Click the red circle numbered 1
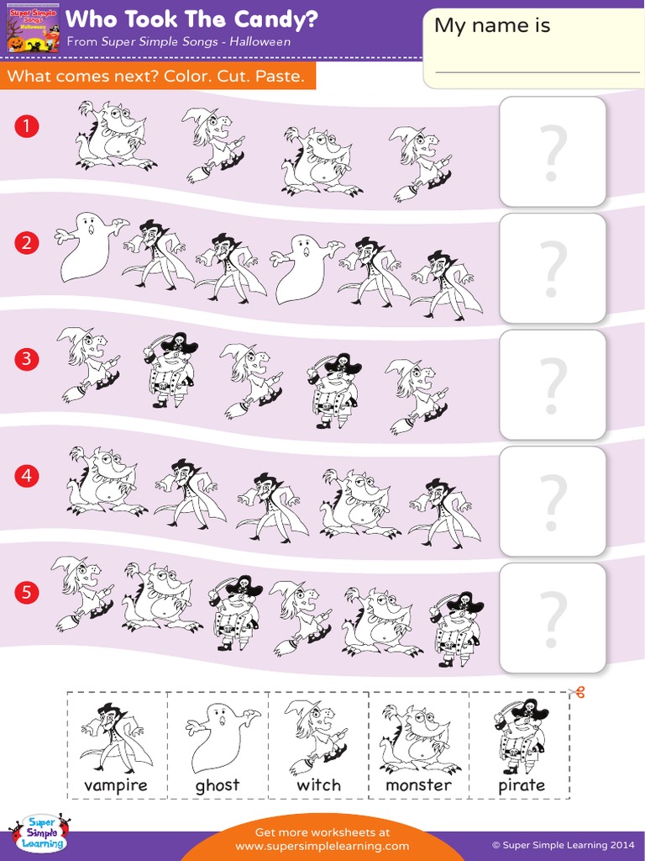coord(27,127)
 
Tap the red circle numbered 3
coord(27,359)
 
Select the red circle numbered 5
coord(27,593)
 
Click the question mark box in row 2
coord(552,268)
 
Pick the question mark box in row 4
coord(552,501)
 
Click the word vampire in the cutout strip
coord(116,785)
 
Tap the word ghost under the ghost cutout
coord(218,785)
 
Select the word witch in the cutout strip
coord(319,785)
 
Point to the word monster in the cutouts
coord(418,785)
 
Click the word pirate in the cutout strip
coord(522,785)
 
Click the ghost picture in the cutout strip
coord(219,737)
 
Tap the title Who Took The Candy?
coord(191,19)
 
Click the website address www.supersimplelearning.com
coord(322,846)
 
